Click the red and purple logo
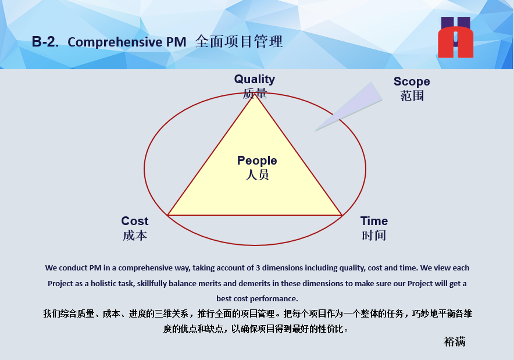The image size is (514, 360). [456, 37]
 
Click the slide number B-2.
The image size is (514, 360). [45, 42]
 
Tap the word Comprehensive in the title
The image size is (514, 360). [115, 42]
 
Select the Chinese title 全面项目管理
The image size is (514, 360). [238, 42]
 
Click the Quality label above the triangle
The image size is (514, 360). [254, 79]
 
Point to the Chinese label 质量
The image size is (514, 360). [255, 94]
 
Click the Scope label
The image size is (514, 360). [412, 81]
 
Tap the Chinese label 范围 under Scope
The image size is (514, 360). [412, 96]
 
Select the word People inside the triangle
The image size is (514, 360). [257, 161]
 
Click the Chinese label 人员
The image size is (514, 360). [257, 174]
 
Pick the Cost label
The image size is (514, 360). [135, 220]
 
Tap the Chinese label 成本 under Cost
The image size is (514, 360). [135, 236]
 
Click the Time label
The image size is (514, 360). [374, 220]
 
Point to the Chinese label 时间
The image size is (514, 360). [374, 236]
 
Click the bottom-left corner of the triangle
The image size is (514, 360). [168, 215]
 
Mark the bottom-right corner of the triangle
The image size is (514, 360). [342, 215]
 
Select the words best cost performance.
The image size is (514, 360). [257, 299]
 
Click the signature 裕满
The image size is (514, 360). [455, 341]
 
